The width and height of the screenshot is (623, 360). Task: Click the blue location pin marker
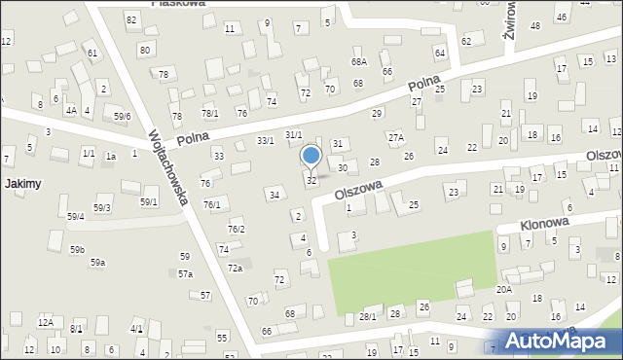(x=311, y=157)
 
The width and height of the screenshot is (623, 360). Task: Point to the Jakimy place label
(x=20, y=183)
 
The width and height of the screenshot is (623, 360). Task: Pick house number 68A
(x=359, y=61)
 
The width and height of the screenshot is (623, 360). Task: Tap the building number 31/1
(x=293, y=134)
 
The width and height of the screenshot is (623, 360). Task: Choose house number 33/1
(x=265, y=141)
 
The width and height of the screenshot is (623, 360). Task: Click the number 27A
(x=395, y=138)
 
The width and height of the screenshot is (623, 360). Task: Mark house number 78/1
(x=210, y=114)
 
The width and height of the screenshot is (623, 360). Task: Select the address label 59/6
(x=122, y=117)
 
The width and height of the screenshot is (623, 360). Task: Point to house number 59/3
(x=102, y=208)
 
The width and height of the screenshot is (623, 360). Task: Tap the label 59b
(x=77, y=250)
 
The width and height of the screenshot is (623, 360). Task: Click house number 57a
(x=185, y=274)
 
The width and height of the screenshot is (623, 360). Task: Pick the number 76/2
(x=236, y=229)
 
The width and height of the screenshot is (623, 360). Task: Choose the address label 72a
(x=235, y=268)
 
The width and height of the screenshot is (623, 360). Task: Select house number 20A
(x=503, y=289)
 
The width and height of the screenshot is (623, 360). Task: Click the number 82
(x=131, y=19)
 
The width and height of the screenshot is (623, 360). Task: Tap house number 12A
(x=45, y=322)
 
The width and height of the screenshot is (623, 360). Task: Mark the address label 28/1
(x=367, y=316)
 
